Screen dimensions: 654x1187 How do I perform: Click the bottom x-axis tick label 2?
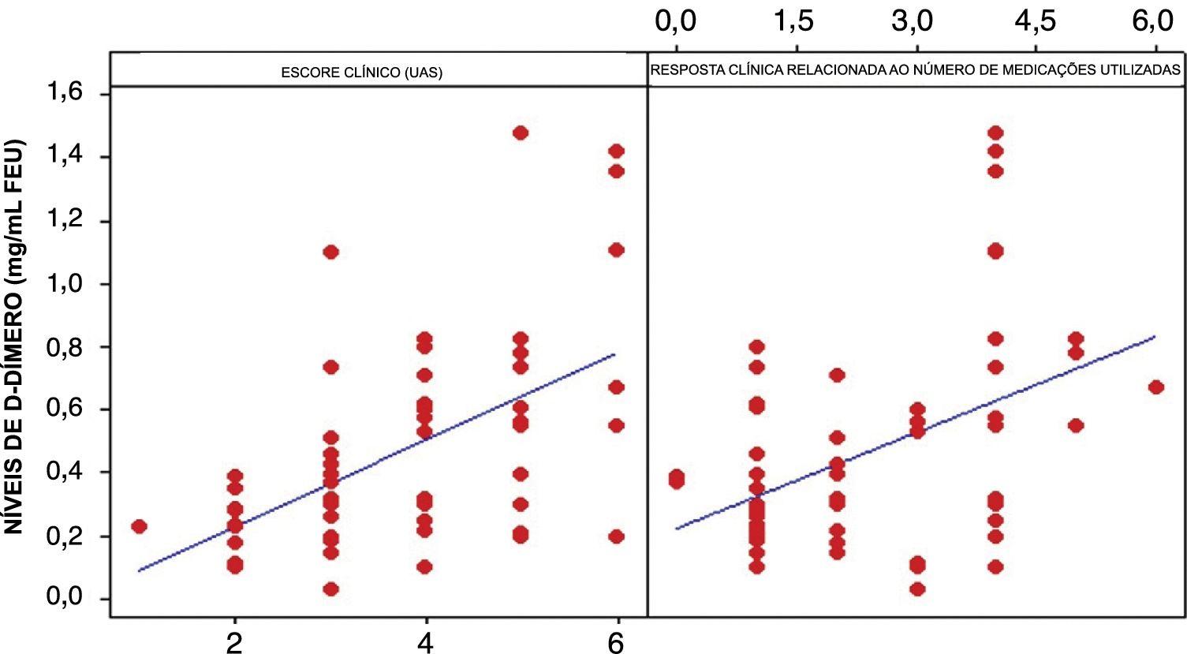(234, 641)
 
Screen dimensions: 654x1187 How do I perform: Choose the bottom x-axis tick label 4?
(426, 641)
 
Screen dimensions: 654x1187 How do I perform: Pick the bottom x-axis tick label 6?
(617, 641)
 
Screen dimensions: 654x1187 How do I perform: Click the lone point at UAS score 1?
(140, 526)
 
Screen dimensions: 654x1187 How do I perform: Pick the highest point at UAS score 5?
(520, 133)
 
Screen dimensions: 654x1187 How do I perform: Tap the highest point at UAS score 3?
(330, 252)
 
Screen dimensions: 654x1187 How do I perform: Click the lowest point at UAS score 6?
(616, 536)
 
